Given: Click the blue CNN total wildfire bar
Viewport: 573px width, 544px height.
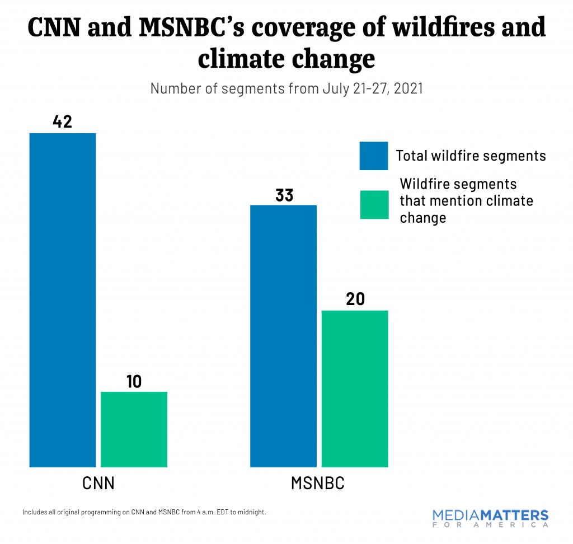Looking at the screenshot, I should [x=63, y=299].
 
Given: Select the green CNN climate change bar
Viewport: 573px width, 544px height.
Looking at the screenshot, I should [x=134, y=429].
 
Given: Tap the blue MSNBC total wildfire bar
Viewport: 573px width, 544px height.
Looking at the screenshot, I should [x=283, y=336].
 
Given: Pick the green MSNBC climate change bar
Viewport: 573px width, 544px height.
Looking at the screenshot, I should [x=354, y=388].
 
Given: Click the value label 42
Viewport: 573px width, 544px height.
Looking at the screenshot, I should [x=62, y=122].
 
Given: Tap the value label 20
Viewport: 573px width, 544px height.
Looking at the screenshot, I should [x=355, y=299].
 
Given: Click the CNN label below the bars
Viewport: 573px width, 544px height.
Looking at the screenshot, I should [x=98, y=483].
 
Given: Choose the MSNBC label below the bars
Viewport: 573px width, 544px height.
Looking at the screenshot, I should [x=318, y=483].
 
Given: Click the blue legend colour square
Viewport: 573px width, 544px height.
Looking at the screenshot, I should [x=373, y=156].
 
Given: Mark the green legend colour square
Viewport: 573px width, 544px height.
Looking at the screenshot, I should [x=373, y=204].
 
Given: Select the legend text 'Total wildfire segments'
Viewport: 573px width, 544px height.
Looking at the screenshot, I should [x=471, y=156].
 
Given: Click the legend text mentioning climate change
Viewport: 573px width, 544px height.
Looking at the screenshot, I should [x=466, y=200].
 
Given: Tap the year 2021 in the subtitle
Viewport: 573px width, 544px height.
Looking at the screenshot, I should [x=406, y=88].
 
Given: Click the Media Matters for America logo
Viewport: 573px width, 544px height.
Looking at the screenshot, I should [x=490, y=518].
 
